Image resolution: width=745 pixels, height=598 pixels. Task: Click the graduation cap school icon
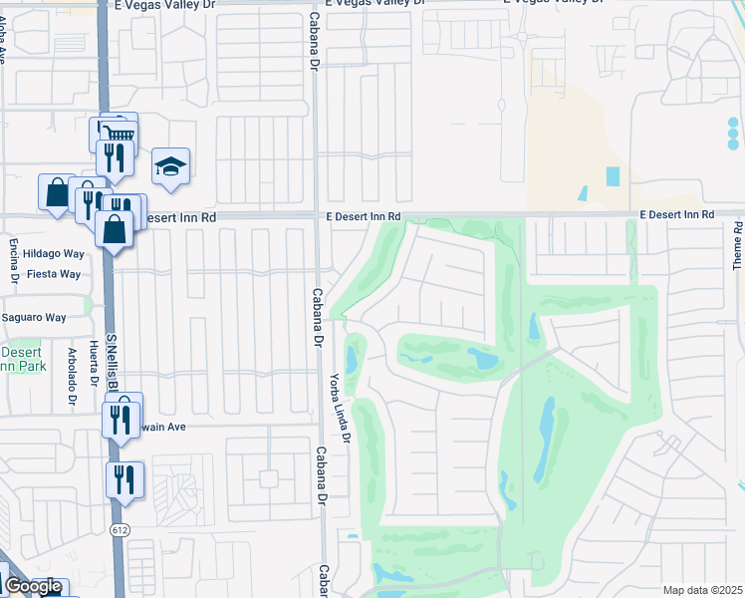tap(171, 166)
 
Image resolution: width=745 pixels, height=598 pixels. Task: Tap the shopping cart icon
tap(119, 133)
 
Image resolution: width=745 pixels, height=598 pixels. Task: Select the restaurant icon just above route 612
tap(125, 479)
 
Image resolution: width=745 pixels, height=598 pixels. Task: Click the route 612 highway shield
tap(120, 528)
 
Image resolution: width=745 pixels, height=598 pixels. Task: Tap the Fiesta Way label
tap(54, 273)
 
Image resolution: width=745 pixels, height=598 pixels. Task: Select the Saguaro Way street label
tap(33, 318)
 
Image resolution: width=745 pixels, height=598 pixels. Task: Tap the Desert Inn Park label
tap(21, 359)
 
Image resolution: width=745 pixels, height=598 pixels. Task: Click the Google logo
tap(32, 587)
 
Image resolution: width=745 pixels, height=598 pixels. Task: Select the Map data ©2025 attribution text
tap(701, 590)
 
